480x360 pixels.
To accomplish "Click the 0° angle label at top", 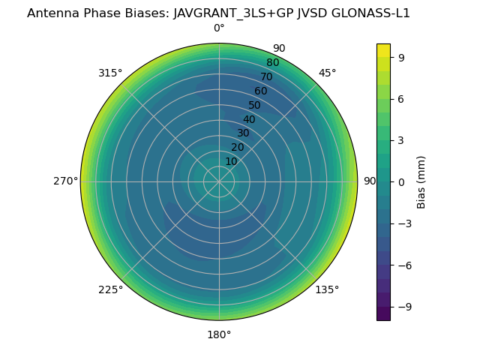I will point(219,28).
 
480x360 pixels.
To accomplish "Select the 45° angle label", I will point(327,73).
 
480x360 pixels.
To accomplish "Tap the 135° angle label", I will point(327,289).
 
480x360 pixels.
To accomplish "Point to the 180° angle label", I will point(219,334).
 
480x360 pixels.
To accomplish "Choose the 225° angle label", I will point(110,289).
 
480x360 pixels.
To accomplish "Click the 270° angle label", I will point(65,181).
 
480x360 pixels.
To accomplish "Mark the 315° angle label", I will point(110,73).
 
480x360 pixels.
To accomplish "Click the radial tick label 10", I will point(231,161).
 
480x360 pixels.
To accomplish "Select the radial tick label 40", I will point(249,119).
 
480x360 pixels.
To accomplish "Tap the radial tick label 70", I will point(266,76).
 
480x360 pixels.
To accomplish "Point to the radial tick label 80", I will point(272,63).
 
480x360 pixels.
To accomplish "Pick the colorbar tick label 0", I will point(402,182).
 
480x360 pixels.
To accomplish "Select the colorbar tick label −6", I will point(405,265).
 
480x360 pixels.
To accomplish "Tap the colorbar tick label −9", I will point(405,307).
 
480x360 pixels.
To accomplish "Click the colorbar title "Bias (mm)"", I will point(421,182).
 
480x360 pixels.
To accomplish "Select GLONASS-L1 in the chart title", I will point(374,13).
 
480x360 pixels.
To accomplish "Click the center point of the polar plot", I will point(219,181).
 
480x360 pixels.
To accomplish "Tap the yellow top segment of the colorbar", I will point(383,50).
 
